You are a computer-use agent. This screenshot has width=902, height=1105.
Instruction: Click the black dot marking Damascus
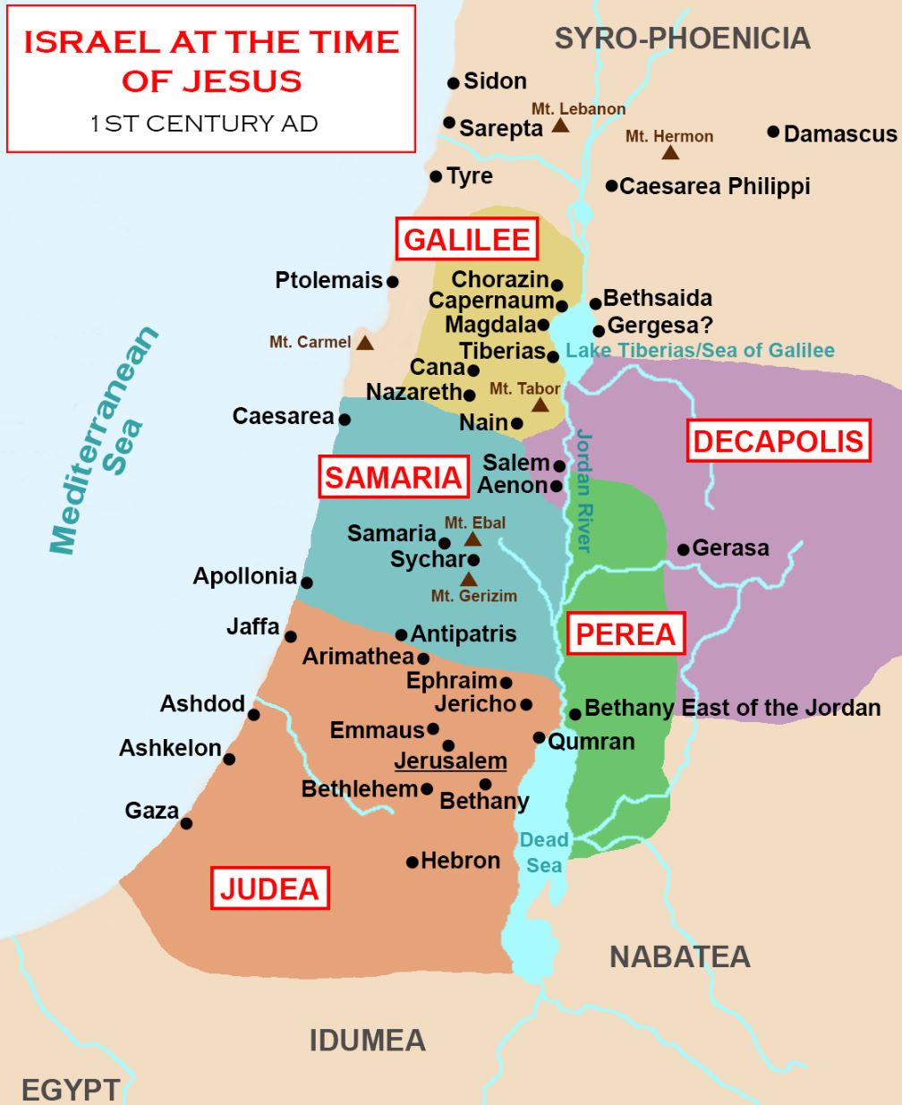(x=773, y=132)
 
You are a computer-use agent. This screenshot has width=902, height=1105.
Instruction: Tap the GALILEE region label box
(x=467, y=240)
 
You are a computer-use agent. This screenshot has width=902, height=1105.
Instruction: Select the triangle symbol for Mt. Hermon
(x=669, y=153)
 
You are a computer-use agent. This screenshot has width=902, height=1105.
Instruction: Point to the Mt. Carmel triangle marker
(x=364, y=342)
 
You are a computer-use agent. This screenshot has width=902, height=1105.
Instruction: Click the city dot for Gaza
(x=186, y=823)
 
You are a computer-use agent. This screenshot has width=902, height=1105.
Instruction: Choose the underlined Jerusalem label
(x=451, y=761)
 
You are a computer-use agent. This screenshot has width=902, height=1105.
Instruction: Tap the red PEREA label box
(x=625, y=634)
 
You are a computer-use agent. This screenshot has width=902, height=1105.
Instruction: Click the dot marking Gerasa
(x=683, y=548)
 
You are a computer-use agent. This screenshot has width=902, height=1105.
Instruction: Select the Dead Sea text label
(x=544, y=852)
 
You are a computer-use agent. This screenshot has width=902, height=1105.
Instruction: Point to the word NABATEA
(x=679, y=956)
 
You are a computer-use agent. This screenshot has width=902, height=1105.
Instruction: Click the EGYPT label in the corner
(x=70, y=1089)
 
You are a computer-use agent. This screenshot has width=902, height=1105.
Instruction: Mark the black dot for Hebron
(x=412, y=863)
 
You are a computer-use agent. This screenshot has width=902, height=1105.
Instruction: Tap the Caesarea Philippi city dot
(x=611, y=186)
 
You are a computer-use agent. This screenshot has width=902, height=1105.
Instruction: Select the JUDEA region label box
(x=269, y=888)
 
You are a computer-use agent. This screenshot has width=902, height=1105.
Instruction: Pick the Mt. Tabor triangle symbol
(x=540, y=404)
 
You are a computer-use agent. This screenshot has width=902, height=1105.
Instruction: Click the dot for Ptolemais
(x=392, y=281)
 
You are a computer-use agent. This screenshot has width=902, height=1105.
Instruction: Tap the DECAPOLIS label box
(x=778, y=441)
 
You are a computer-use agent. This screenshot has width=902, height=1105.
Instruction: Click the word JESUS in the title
(x=242, y=81)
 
